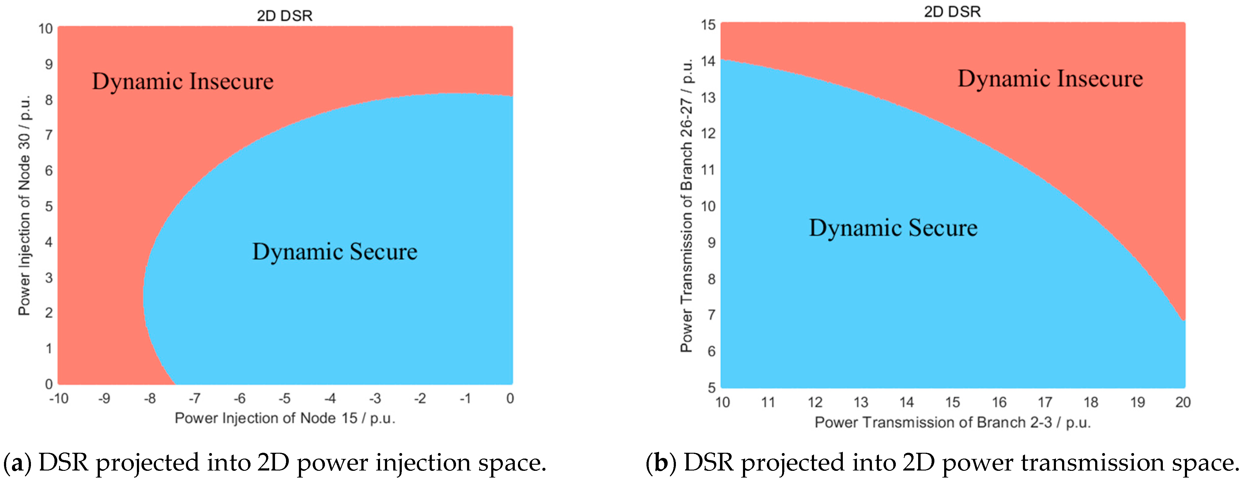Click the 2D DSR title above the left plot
pos(285,16)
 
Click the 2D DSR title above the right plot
pos(952,12)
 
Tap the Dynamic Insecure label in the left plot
pos(183,81)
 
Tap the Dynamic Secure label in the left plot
pos(335,252)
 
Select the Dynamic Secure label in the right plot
pos(893,228)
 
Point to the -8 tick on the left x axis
pos(150,398)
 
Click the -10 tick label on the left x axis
pos(59,398)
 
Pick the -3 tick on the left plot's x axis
pos(375,398)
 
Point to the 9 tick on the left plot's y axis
pos(49,64)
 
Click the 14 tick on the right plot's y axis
pos(708,61)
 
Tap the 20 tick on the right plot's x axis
pos(1183,402)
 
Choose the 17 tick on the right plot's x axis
pos(1045,402)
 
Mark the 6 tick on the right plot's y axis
pos(711,351)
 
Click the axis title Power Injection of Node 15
pos(285,418)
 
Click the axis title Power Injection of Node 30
pos(24,205)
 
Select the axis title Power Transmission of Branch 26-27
pos(686,205)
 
